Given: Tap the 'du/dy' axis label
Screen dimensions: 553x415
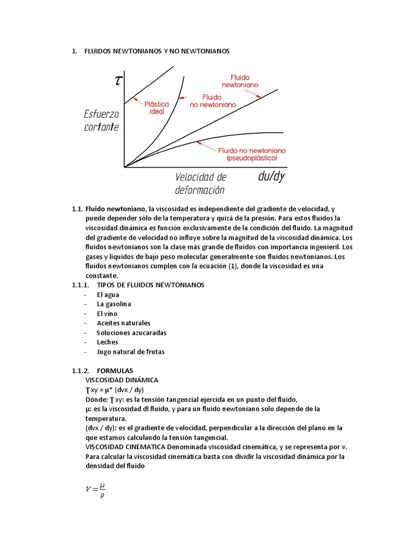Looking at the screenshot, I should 272,176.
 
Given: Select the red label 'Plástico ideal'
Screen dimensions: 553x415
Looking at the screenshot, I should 156,107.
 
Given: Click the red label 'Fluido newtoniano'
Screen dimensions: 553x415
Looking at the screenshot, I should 240,81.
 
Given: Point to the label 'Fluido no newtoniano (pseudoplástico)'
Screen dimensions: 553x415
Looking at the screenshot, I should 252,154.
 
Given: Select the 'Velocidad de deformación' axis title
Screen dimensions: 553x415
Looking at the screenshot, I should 200,183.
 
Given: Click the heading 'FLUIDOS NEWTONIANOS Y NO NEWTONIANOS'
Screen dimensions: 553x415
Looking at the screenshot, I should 157,51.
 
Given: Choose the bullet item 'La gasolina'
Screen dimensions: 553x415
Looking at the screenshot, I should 113,304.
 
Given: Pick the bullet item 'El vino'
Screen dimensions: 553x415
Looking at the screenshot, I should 107,314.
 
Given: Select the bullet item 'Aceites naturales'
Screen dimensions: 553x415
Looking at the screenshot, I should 123,323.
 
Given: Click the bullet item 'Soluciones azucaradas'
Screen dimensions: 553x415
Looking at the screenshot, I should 131,333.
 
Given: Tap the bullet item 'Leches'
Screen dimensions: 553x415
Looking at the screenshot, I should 107,342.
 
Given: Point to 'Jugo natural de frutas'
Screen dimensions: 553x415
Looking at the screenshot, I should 130,352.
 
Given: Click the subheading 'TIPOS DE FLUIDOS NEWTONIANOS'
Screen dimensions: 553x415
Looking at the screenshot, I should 150,285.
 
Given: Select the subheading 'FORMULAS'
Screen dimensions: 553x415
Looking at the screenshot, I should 115,371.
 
